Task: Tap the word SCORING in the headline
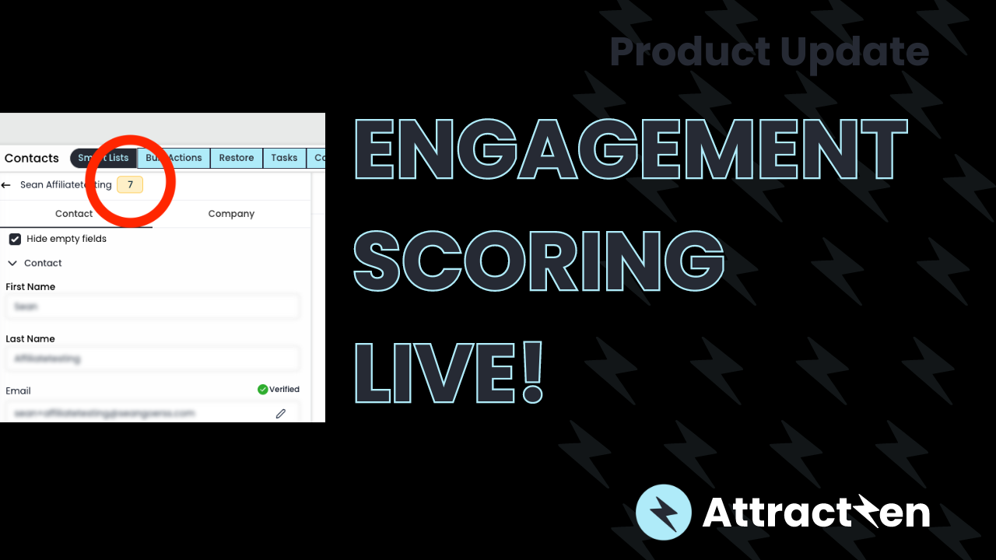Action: click(539, 259)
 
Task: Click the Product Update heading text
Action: click(769, 51)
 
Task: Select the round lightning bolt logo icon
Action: click(664, 513)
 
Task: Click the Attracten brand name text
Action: click(815, 513)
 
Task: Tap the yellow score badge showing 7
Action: click(130, 185)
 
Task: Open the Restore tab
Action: click(237, 158)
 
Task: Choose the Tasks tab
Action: click(284, 158)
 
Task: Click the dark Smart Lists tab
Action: click(103, 158)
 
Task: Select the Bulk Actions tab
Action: click(174, 158)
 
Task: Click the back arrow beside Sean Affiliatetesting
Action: click(6, 185)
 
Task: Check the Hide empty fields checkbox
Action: click(15, 239)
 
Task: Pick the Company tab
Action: click(231, 214)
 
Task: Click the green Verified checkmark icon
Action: click(263, 389)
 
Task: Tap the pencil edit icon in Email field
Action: click(281, 413)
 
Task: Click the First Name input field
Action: click(153, 306)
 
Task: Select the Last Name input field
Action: click(153, 359)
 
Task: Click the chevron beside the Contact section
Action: click(12, 263)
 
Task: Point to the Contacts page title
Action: click(32, 158)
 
